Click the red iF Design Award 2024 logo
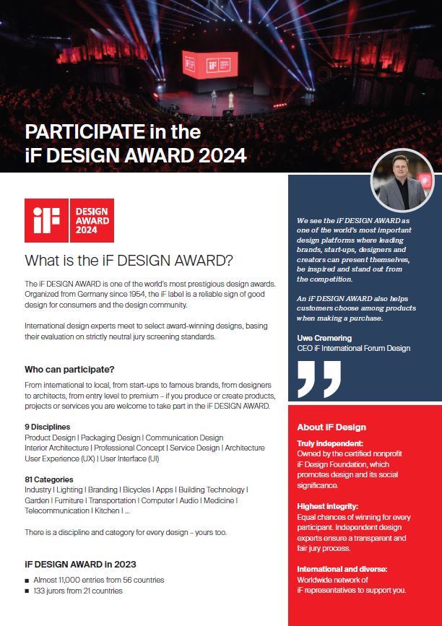click(x=69, y=220)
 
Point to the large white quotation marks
click(x=318, y=378)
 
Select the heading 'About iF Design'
click(x=331, y=427)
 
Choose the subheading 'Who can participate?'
click(x=69, y=369)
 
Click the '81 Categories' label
click(x=49, y=479)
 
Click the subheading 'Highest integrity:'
click(x=328, y=506)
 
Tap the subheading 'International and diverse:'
click(x=342, y=569)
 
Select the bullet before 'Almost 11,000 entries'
click(x=27, y=580)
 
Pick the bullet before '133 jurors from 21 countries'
click(x=27, y=591)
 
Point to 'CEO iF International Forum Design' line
click(x=353, y=348)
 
